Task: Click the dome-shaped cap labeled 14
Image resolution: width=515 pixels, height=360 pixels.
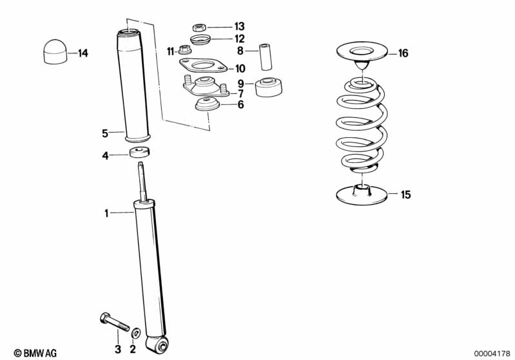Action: point(55,52)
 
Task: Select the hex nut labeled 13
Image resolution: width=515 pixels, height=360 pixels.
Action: point(199,27)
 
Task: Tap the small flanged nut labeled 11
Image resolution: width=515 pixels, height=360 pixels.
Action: point(183,50)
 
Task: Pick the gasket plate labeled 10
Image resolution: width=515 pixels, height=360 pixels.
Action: point(203,65)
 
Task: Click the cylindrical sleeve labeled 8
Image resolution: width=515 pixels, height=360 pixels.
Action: point(266,57)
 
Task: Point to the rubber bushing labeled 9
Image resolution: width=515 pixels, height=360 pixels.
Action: point(268,87)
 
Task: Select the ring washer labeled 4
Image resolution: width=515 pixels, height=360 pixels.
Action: point(140,153)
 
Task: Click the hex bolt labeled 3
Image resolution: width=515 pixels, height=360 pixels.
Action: point(114,322)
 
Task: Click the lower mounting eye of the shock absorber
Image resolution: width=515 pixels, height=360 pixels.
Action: point(157,345)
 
